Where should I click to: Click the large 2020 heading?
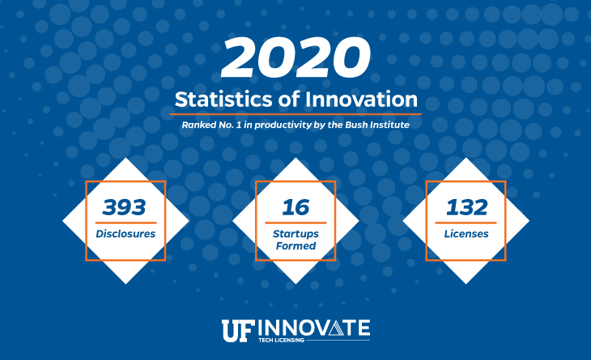pos(295,57)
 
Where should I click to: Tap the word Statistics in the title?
pos(223,100)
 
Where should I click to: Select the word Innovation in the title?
pos(361,100)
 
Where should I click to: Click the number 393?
pos(124,207)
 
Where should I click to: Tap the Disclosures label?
pos(125,234)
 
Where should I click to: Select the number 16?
pos(295,207)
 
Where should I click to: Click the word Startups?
pos(295,235)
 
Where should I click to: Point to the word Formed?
pos(295,246)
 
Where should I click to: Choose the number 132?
pos(466,207)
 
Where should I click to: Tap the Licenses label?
pos(466,234)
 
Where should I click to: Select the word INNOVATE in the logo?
pos(314,328)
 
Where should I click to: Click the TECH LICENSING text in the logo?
pos(281,340)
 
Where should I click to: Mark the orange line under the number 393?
pos(125,223)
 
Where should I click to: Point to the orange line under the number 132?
pos(466,223)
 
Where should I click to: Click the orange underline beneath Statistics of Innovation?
pos(295,114)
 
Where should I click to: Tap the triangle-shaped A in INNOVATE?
pos(336,328)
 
